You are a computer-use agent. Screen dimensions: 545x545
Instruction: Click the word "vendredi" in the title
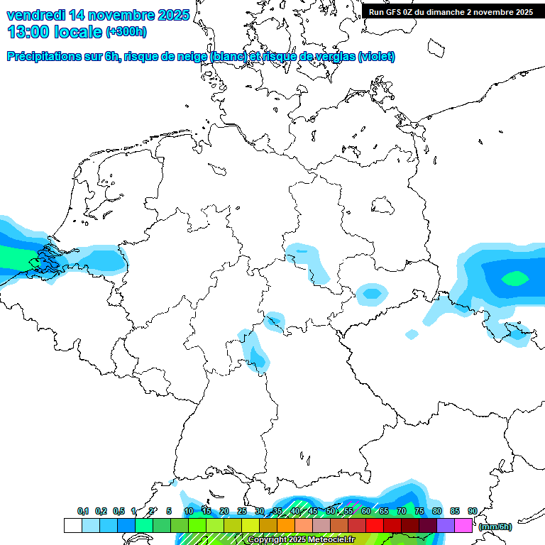[36, 14]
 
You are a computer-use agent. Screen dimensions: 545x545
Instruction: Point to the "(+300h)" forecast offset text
[126, 32]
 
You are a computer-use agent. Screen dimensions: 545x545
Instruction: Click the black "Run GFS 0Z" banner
[451, 11]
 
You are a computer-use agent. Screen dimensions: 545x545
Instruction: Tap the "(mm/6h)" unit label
[495, 526]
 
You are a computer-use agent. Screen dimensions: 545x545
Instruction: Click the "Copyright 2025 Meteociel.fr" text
[301, 539]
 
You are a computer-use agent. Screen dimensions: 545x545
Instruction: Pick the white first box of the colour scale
[72, 525]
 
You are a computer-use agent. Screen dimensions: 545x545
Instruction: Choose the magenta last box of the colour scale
[463, 525]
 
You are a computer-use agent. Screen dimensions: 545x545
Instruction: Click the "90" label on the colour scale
[472, 511]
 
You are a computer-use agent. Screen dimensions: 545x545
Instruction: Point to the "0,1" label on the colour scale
[83, 511]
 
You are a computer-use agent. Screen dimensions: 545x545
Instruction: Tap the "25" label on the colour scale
[242, 511]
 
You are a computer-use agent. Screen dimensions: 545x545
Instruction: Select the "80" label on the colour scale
[436, 511]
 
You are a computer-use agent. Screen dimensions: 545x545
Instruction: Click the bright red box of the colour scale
[375, 525]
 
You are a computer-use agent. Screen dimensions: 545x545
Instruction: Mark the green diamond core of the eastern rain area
[514, 278]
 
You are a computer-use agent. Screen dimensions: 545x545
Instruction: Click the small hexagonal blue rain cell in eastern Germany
[371, 292]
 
